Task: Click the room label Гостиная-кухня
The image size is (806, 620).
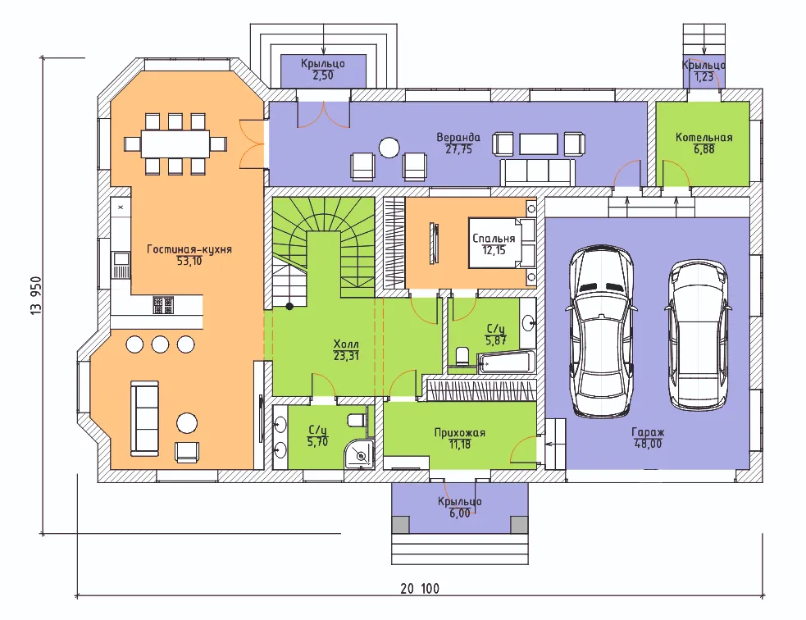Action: pyautogui.click(x=189, y=249)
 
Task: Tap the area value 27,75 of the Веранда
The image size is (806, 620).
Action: pyautogui.click(x=458, y=149)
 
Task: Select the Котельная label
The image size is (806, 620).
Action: pyautogui.click(x=704, y=137)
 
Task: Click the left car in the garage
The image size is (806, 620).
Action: pyautogui.click(x=601, y=331)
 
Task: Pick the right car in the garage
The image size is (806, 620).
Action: pyautogui.click(x=699, y=335)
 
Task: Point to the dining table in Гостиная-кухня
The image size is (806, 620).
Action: pyautogui.click(x=175, y=144)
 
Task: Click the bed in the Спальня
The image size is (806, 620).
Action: pyautogui.click(x=502, y=244)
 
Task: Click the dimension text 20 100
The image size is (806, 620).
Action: pyautogui.click(x=420, y=589)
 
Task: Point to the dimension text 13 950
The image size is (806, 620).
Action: pyautogui.click(x=36, y=295)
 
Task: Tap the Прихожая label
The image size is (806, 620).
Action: pyautogui.click(x=459, y=433)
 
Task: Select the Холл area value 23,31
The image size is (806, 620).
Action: pyautogui.click(x=346, y=355)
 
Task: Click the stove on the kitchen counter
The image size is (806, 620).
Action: pyautogui.click(x=163, y=305)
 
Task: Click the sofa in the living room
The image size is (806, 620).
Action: pyautogui.click(x=144, y=418)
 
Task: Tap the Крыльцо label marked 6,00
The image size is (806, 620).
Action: pyautogui.click(x=459, y=501)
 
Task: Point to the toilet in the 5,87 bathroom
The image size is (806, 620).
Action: pyautogui.click(x=462, y=356)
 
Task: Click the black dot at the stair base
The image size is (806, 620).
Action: pyautogui.click(x=290, y=307)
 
